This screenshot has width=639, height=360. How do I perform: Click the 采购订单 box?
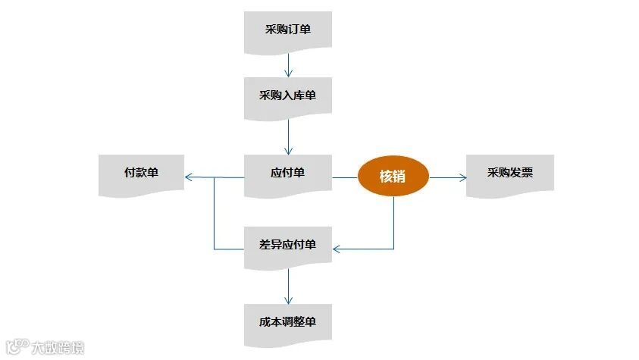287,31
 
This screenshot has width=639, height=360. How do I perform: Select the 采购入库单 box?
287,96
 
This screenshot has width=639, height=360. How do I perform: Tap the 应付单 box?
287,174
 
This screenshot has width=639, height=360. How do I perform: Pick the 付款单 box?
141,174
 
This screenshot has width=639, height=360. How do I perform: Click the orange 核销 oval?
393,177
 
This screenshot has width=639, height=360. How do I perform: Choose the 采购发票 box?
509,174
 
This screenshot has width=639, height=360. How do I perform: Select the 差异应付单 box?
287,246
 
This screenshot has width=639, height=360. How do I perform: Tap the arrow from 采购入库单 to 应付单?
288,137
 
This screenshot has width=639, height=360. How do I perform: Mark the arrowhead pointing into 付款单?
188,177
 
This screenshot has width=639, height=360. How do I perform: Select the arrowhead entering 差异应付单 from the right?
337,249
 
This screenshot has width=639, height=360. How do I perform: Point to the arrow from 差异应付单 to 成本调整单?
288,286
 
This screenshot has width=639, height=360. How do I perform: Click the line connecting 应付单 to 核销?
344,177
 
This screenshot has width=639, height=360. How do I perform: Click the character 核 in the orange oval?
385,177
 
